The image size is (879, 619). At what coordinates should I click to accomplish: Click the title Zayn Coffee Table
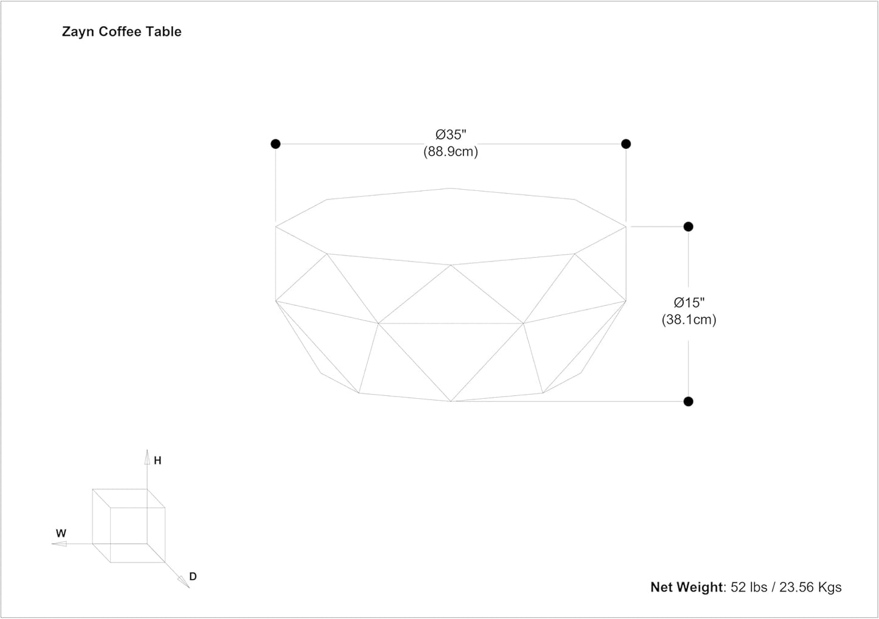[x=122, y=32]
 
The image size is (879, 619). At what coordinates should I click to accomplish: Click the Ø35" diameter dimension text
[x=451, y=135]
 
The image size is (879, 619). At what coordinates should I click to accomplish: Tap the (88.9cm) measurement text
[x=451, y=152]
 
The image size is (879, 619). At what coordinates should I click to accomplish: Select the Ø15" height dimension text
[x=689, y=302]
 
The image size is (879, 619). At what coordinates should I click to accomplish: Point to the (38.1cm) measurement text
[x=689, y=319]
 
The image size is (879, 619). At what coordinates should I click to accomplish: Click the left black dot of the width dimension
[x=276, y=144]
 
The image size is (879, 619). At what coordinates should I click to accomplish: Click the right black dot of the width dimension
[x=626, y=144]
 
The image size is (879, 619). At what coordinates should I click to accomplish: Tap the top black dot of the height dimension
[x=688, y=227]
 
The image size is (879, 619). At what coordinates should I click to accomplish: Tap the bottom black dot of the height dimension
[x=688, y=401]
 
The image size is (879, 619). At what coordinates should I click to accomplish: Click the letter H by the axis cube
[x=158, y=461]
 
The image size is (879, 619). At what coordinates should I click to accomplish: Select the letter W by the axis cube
[x=61, y=533]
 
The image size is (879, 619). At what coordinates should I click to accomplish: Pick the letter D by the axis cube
[x=193, y=576]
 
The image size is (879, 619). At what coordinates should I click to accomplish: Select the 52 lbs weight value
[x=748, y=587]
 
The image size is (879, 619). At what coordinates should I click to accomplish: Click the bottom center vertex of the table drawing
[x=451, y=401]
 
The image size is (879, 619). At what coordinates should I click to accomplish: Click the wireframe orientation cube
[x=128, y=525]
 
